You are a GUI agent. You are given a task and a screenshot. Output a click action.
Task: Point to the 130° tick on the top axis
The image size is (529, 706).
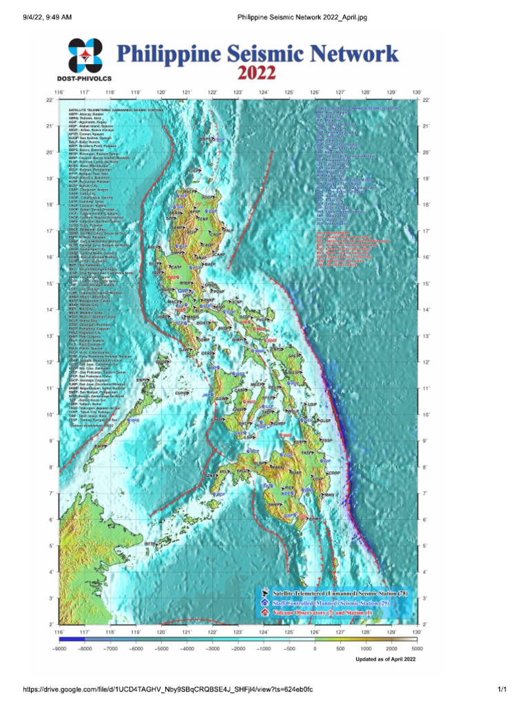416,91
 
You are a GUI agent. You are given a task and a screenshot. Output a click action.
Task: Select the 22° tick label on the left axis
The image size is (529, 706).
49,100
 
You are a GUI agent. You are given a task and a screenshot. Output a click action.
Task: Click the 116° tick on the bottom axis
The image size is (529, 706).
59,631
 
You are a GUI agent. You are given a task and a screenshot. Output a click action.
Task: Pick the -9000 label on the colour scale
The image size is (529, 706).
59,649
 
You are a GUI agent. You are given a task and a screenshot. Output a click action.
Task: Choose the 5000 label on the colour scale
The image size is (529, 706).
416,649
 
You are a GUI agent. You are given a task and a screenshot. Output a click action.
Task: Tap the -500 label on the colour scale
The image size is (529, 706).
289,649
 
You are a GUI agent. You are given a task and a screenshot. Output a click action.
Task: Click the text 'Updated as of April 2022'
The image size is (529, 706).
385,660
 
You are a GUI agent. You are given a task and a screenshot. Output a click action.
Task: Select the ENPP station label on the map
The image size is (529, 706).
142,380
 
